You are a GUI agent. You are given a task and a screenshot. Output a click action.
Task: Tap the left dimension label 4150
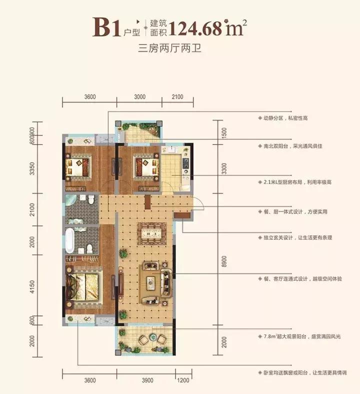tap(32, 289)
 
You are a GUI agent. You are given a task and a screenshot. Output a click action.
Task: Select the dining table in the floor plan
tap(151, 233)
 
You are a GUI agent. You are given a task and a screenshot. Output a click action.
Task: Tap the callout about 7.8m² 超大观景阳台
tap(305, 333)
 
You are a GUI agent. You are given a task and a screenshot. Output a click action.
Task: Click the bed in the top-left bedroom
tap(78, 165)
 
